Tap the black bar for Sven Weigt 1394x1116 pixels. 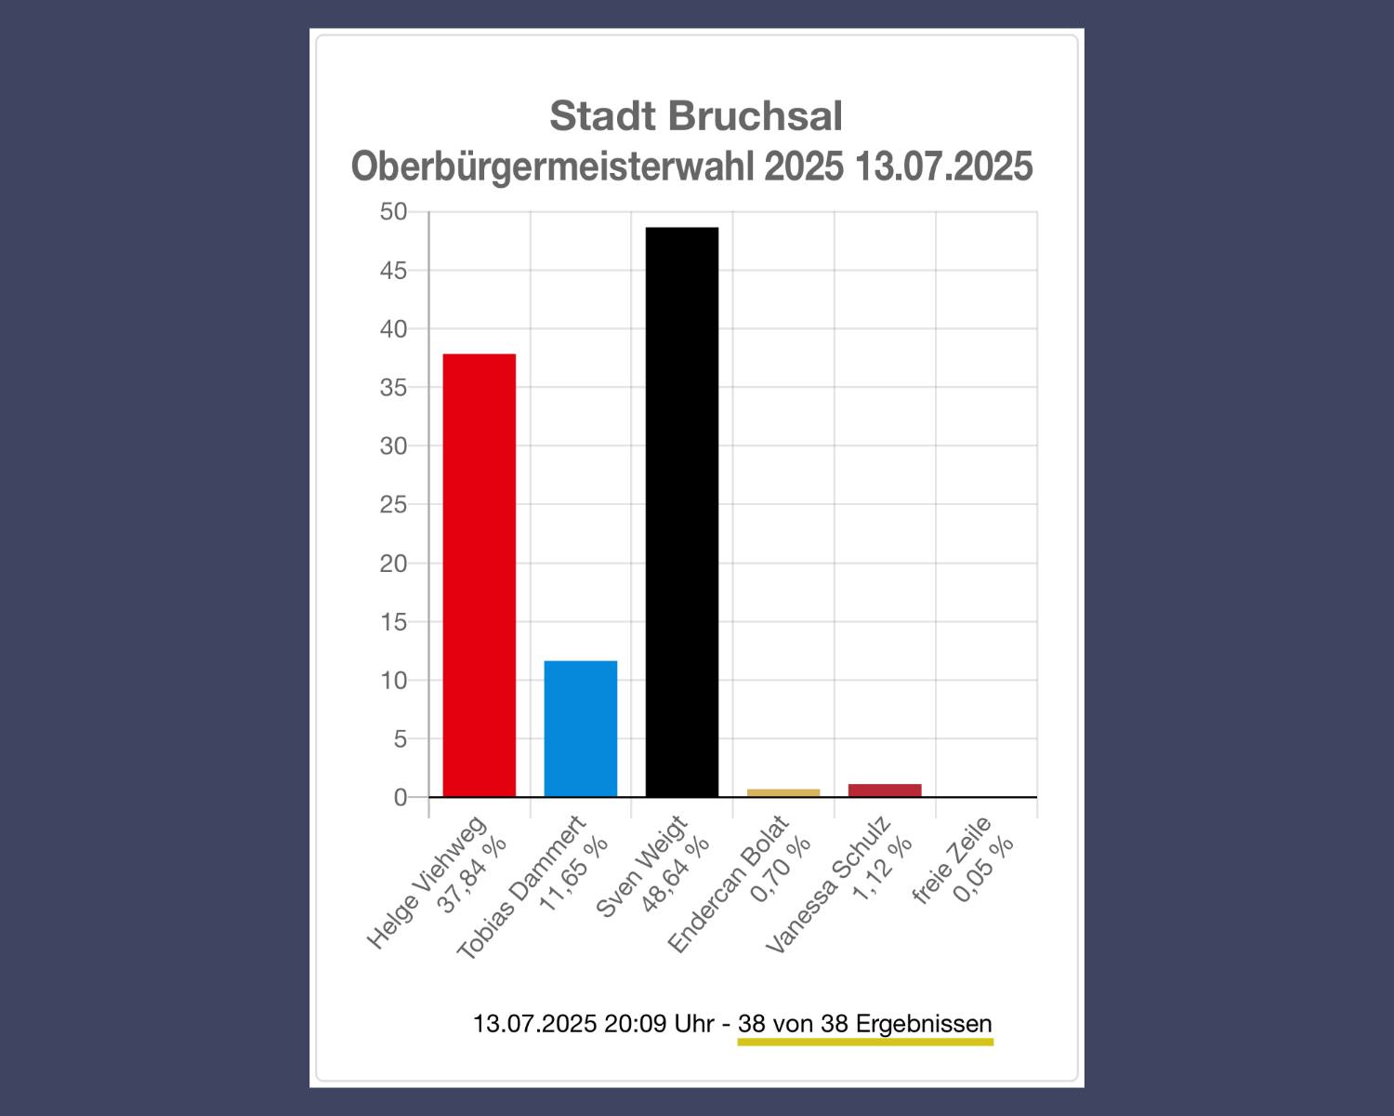point(681,511)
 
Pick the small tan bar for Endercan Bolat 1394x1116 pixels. point(783,792)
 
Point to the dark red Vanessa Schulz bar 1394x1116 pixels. point(885,790)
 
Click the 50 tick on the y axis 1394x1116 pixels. point(393,212)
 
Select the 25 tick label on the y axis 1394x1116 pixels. point(393,505)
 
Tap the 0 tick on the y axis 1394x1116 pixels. point(401,797)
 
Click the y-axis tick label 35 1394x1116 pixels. point(393,388)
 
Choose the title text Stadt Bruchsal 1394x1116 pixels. point(696,116)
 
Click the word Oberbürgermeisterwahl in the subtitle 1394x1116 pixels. point(552,167)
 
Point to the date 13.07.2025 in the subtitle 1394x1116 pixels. point(943,167)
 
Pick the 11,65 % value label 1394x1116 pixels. point(573,874)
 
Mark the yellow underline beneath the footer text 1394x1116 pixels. point(865,1043)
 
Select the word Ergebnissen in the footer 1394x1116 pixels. point(924,1024)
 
